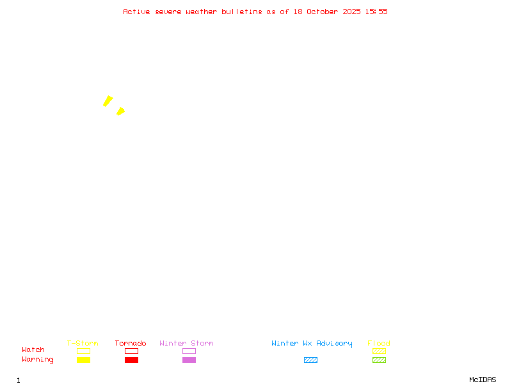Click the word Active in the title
click(x=136, y=12)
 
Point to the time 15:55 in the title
click(x=376, y=12)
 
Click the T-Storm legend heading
click(x=83, y=343)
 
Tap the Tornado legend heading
click(x=131, y=343)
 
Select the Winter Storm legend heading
click(x=186, y=343)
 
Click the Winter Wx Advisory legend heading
click(x=312, y=343)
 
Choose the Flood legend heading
click(x=379, y=343)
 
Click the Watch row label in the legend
click(x=33, y=350)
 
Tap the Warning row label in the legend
click(x=38, y=360)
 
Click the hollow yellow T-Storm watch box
click(x=83, y=351)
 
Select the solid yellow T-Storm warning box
click(x=83, y=360)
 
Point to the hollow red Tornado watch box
click(x=131, y=351)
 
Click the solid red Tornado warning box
click(x=131, y=360)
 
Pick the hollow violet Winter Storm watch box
click(x=189, y=351)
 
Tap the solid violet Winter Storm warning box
click(x=189, y=360)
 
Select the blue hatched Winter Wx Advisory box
click(x=310, y=360)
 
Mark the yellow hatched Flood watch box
click(x=379, y=351)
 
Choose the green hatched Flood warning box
click(x=379, y=360)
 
